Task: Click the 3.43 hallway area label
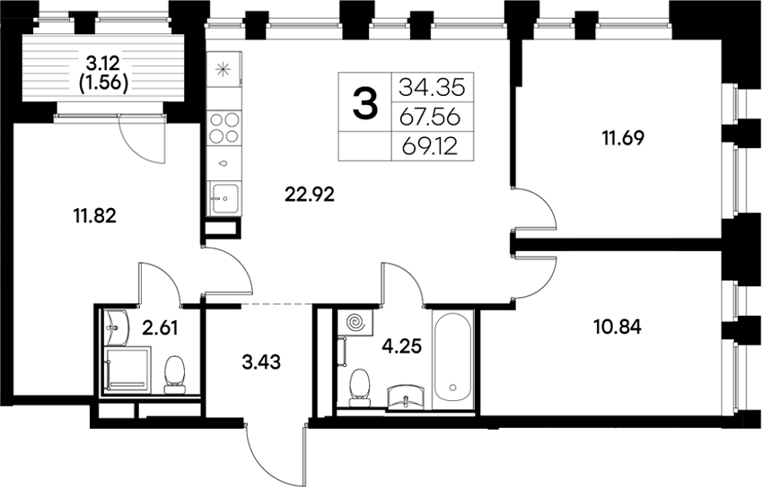(262, 362)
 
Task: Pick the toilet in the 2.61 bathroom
(176, 372)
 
